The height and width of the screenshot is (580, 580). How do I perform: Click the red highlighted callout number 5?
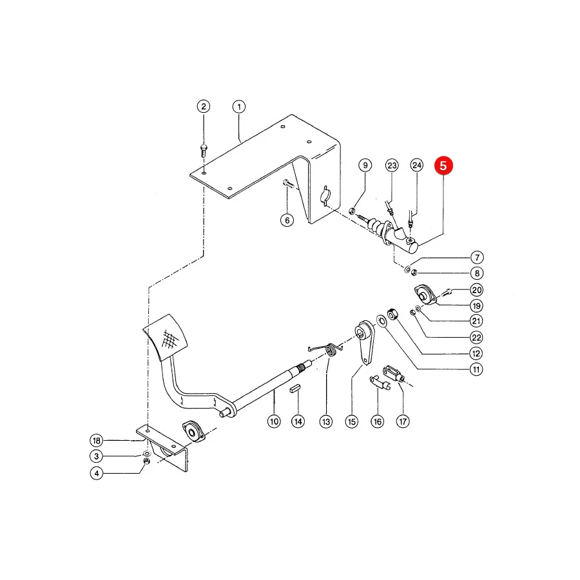443,166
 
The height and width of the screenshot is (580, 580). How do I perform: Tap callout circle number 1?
239,107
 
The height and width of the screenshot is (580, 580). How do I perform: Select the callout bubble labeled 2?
204,106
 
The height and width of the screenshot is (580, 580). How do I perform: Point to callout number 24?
417,166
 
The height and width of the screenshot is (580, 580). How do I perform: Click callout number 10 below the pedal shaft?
274,421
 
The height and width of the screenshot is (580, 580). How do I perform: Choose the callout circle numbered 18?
97,440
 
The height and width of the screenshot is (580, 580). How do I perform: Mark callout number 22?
476,337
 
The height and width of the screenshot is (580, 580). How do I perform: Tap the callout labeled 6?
287,220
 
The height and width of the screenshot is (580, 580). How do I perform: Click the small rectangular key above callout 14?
295,389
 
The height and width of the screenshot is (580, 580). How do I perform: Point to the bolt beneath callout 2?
204,150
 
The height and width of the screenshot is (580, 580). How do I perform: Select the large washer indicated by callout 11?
382,321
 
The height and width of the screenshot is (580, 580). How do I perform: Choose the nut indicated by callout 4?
146,461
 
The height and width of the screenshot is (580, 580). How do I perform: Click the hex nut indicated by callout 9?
352,211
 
